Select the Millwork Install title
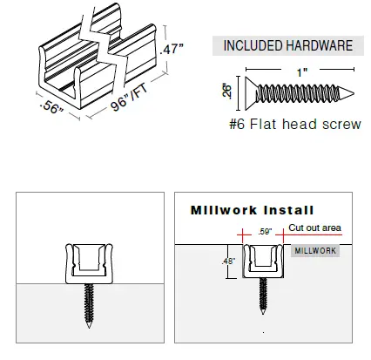pyautogui.click(x=253, y=210)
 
